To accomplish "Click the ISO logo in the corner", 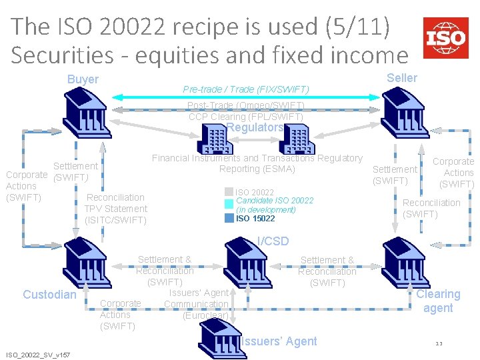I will [445, 38].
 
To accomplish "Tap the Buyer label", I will [83, 79].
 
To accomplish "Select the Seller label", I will [402, 78].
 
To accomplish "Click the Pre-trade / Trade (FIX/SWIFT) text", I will [246, 89].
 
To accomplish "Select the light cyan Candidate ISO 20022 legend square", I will [229, 204].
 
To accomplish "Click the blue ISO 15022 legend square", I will [229, 217].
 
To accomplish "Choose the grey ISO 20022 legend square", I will [229, 192].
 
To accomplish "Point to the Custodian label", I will [49, 295].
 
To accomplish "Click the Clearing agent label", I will [438, 301].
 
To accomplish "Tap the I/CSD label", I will [273, 241].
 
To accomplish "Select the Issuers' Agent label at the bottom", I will [279, 341].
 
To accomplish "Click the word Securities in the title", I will [59, 55].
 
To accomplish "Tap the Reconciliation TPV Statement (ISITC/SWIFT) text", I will [115, 208].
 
